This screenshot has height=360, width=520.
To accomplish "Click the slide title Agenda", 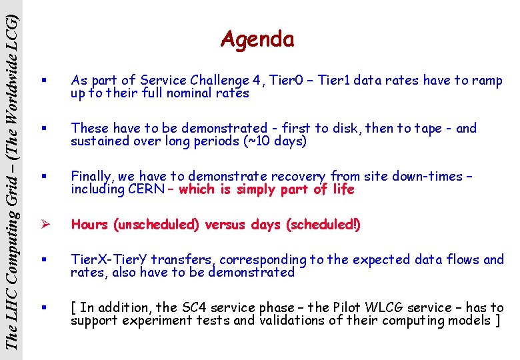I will coord(257,40).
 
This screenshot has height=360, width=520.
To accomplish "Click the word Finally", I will coord(92,177).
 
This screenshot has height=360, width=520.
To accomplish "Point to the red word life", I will coord(343,189).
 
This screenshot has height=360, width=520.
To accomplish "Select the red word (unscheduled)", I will coord(157,225).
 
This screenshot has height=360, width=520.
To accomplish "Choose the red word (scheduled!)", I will coord(323,225).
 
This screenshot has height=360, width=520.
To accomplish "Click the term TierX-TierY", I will coord(109,259).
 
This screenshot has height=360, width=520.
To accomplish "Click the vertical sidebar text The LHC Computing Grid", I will coord(11,253).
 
